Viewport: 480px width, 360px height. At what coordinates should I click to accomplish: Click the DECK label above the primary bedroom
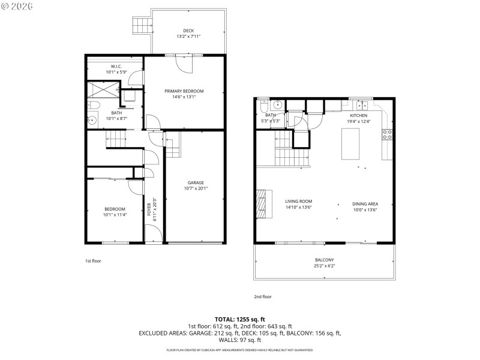coord(188,31)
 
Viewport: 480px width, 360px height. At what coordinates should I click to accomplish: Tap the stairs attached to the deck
coord(140,26)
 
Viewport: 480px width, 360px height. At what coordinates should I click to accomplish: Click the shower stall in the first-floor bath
coord(104,89)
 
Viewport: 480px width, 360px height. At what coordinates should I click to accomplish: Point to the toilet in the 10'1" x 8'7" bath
coord(94,106)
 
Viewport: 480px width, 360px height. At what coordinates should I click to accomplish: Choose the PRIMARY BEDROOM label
coord(184,91)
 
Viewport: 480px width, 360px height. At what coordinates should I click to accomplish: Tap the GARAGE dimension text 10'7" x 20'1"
coord(196,188)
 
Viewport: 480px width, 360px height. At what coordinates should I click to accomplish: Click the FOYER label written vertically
coord(149,209)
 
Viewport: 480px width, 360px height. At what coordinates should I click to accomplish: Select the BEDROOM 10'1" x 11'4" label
coord(115,209)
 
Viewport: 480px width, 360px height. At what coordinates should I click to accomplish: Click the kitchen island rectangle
coord(350,144)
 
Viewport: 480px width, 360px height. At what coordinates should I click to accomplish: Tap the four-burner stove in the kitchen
coord(388,134)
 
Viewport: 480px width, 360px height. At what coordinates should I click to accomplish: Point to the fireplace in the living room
coord(260,205)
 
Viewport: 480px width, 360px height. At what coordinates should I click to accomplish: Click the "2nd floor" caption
coord(263,296)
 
